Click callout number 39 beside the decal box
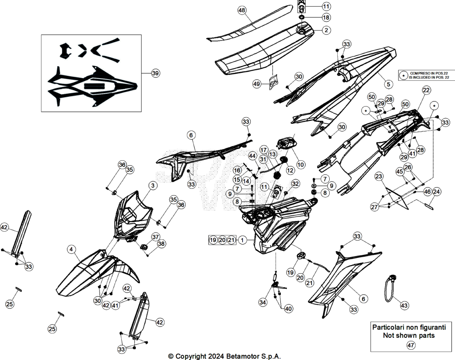[156, 73]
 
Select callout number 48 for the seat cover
[242, 11]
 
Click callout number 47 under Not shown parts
[411, 345]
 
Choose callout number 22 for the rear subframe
[426, 90]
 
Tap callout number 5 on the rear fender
[388, 84]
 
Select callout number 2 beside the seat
[327, 30]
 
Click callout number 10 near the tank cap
[301, 165]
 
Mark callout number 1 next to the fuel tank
[243, 240]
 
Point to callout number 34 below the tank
[263, 303]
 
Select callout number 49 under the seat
[256, 84]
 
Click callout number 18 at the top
[326, 17]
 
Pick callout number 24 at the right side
[436, 192]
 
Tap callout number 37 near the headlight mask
[156, 237]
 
